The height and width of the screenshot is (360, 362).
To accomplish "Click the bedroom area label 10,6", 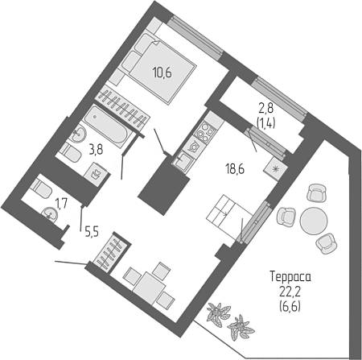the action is click(x=162, y=72).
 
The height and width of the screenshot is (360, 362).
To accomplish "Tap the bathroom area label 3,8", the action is click(x=96, y=150).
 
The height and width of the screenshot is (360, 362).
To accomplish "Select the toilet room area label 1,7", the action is click(x=61, y=202).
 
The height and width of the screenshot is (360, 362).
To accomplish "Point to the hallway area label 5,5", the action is click(x=92, y=231).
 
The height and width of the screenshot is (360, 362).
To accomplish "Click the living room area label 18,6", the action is click(x=236, y=170).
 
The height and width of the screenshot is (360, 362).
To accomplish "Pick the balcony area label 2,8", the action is click(x=265, y=110).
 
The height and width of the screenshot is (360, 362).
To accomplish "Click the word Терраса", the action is click(x=290, y=277).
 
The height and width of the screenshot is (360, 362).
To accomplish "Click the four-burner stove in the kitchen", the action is click(x=205, y=131).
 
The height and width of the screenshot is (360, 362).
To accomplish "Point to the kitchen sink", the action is click(x=183, y=160).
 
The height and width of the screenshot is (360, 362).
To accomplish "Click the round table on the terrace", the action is click(x=314, y=221).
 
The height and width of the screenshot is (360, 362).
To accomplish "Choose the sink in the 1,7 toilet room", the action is click(x=49, y=214).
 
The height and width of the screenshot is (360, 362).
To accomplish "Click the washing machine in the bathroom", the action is click(x=96, y=174).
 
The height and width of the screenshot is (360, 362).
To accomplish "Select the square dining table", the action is click(x=149, y=288).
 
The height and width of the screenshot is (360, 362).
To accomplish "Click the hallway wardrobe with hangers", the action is click(x=111, y=252).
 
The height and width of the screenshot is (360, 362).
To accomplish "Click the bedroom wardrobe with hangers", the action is click(x=123, y=109).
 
